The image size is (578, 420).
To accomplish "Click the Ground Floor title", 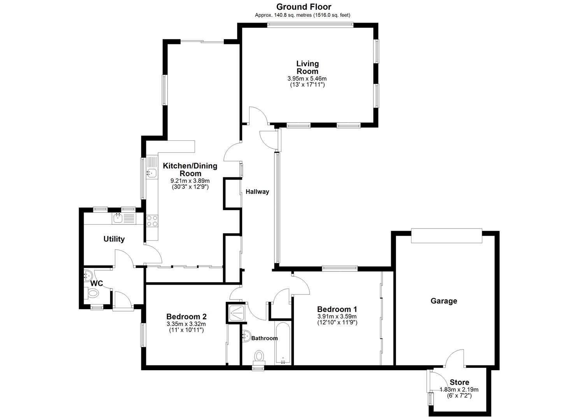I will point(304,7).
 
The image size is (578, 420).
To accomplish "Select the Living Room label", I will point(307,67).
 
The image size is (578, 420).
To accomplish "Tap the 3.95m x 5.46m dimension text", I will point(307,79).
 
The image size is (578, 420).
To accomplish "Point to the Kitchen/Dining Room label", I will point(190,170).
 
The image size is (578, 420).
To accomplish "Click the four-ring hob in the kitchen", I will point(152,220).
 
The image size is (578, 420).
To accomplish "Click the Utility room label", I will point(114,239).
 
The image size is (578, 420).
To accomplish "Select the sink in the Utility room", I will point(118,218).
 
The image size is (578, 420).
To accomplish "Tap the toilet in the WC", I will point(93,294).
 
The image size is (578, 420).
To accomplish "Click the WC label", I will point(97,283).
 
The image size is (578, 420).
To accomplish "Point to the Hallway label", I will point(257,192).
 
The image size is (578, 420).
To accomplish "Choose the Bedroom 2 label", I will point(186,317).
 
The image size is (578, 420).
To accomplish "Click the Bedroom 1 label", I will point(337,309).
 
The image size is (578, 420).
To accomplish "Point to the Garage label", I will point(444,301).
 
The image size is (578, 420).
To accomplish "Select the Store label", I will point(459,382).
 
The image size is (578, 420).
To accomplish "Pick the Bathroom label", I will point(265,338).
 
